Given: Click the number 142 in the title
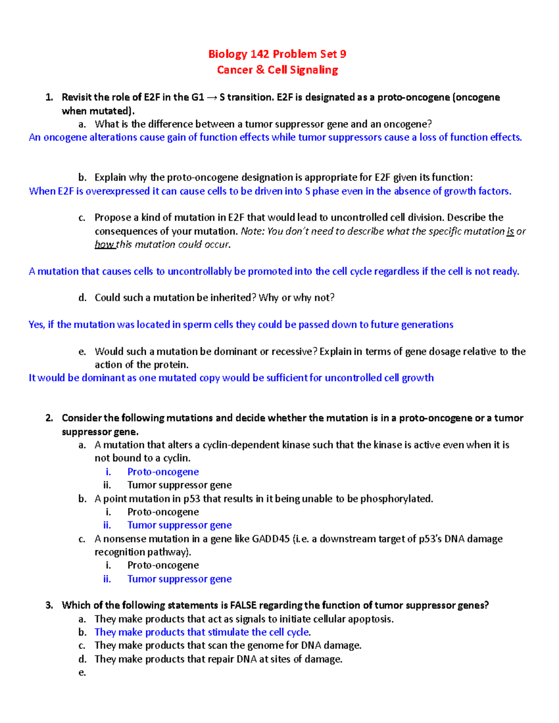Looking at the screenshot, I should (259, 54).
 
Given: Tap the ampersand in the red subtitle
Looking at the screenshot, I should (260, 70).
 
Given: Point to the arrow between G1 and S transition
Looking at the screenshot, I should (211, 97).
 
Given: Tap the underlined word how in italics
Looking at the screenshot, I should (104, 244).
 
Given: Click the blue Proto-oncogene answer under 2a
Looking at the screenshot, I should (163, 472).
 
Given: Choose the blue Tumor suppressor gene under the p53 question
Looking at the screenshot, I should (179, 525).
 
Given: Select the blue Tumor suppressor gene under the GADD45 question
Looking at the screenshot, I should (179, 579).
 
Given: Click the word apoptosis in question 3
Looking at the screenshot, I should (370, 619).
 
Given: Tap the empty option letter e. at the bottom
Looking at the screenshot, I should (82, 672).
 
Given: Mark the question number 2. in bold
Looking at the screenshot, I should (49, 418).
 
